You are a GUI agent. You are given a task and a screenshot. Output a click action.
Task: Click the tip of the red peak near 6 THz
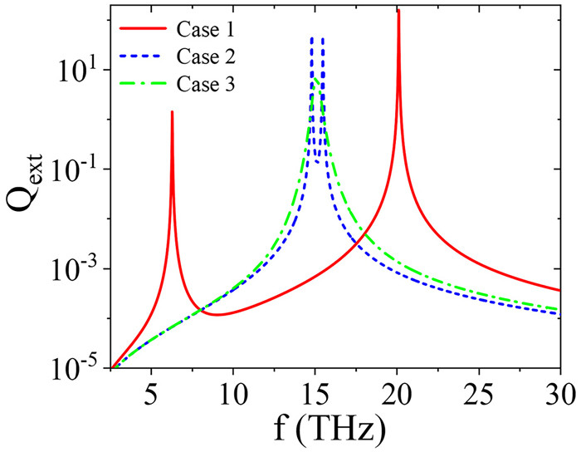tap(172, 112)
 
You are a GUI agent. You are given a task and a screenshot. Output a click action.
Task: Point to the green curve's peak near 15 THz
tap(316, 79)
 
